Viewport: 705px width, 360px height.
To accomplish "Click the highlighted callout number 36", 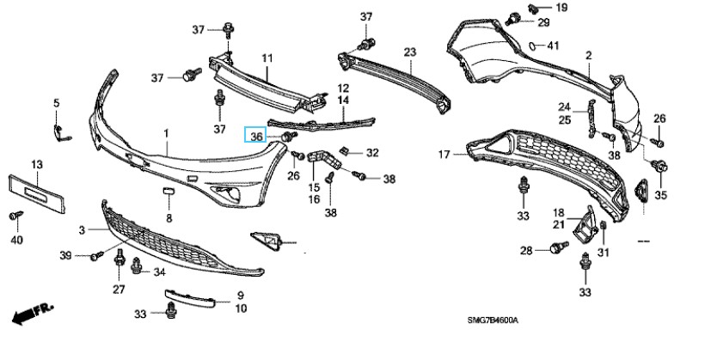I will pos(256,137).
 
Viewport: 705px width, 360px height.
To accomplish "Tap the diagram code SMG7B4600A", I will pos(493,320).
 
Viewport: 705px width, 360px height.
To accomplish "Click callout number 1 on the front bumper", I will pos(166,134).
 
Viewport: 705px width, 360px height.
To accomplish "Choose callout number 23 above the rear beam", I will pos(409,52).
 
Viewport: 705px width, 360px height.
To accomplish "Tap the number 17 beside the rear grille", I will pos(444,155).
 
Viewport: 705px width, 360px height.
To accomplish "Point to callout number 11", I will pos(267,58).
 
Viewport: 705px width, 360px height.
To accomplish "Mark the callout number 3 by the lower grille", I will pos(83,230).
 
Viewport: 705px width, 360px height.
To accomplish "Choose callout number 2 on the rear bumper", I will pos(589,57).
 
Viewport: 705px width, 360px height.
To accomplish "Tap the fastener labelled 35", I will pos(660,168).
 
